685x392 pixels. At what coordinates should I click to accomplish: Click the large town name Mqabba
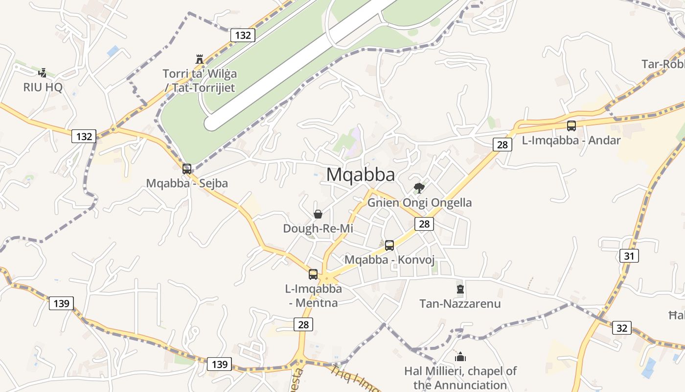pos(361,174)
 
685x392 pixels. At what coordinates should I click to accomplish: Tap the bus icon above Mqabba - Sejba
pos(187,169)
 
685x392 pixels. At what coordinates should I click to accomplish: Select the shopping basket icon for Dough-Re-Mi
pos(318,214)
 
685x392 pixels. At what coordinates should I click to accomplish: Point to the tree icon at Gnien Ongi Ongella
pos(419,188)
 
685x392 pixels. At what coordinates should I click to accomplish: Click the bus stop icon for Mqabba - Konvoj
pos(389,245)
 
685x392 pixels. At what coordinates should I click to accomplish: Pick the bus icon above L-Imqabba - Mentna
pos(313,274)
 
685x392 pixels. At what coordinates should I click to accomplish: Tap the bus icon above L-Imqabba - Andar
pos(571,126)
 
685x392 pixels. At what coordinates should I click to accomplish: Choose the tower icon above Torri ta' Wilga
pos(199,59)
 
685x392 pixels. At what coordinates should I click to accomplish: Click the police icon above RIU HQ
pos(43,73)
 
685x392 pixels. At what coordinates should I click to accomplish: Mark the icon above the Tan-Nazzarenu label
pos(460,289)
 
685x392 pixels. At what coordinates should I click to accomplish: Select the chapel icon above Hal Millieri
pos(460,356)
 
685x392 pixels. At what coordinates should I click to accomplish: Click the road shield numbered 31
pos(629,255)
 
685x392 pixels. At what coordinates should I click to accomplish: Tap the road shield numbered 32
pos(621,328)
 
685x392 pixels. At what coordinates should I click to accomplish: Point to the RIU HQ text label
pos(43,88)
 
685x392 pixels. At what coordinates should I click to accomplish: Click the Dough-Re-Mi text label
pos(318,229)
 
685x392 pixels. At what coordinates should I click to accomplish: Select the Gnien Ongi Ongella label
pos(419,203)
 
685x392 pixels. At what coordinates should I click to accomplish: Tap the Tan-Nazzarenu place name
pos(460,304)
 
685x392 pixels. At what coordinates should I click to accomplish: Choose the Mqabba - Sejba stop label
pos(187,184)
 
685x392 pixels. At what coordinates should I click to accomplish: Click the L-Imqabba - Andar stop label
pos(571,141)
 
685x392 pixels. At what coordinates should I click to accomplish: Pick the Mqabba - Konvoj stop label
pos(389,260)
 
